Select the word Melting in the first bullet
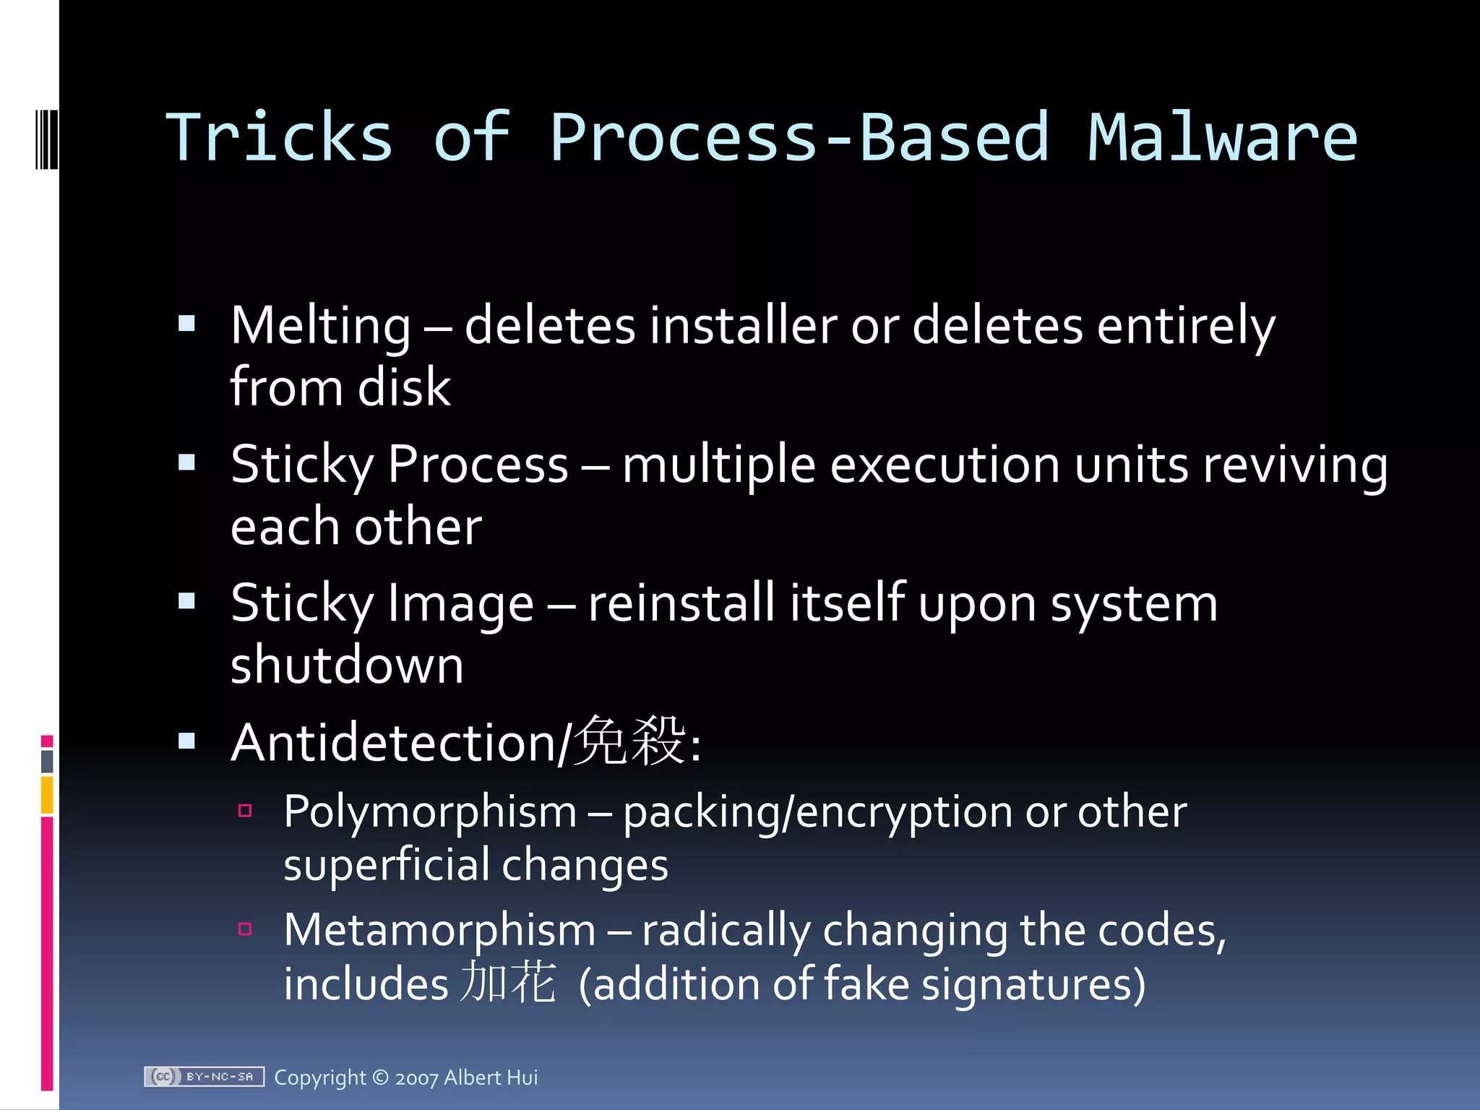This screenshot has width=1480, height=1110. tap(321, 326)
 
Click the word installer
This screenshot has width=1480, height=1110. tap(743, 326)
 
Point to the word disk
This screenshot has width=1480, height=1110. tap(404, 387)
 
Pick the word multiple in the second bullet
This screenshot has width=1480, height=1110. tap(719, 465)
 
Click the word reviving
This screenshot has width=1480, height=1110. tap(1295, 465)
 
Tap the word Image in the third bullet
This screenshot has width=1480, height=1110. tap(460, 603)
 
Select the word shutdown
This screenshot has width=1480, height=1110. tap(347, 665)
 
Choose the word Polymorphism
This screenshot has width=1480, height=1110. tap(430, 812)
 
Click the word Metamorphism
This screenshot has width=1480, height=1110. tap(439, 930)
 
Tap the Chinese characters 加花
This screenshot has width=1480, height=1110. tap(509, 983)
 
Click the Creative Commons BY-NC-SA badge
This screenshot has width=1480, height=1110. tap(204, 1077)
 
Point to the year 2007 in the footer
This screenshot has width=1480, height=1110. tap(416, 1078)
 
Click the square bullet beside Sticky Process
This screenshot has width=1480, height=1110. tap(187, 462)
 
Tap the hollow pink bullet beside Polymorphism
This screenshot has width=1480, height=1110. tap(245, 810)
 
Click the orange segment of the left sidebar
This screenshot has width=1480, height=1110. tap(47, 795)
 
